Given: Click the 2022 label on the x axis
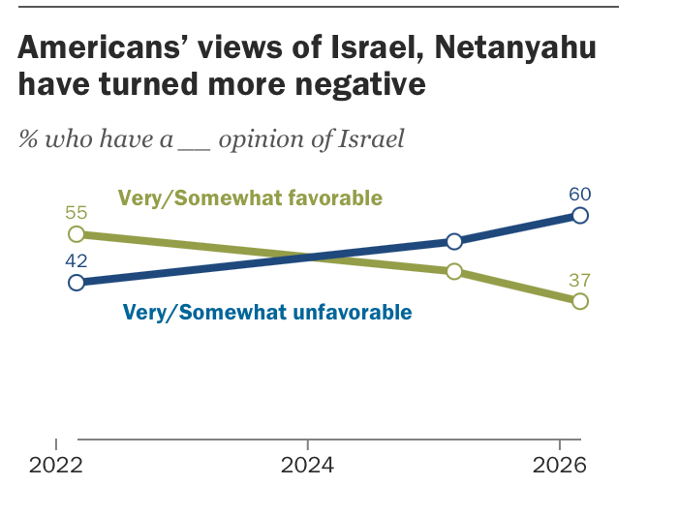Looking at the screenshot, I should click(x=56, y=466).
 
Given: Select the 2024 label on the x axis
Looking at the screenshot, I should click(x=307, y=466).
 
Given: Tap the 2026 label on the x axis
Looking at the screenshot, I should click(x=560, y=466).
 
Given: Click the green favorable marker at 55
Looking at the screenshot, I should click(x=76, y=234).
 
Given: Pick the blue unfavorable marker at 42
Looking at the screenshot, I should click(x=76, y=283).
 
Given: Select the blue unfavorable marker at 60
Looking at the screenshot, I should click(x=580, y=215).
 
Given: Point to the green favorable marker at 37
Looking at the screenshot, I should click(x=580, y=301).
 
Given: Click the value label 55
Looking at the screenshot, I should click(x=76, y=211).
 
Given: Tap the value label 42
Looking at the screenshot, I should click(x=76, y=259).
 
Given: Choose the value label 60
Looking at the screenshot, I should click(x=580, y=192).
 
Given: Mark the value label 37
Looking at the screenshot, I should click(x=580, y=279).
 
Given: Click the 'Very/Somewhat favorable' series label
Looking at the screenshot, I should click(x=250, y=198).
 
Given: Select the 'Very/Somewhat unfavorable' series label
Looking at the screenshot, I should click(x=267, y=313).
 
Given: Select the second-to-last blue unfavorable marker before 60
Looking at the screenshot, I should click(x=453, y=241).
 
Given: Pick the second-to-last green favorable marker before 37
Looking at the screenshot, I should click(x=453, y=272).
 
